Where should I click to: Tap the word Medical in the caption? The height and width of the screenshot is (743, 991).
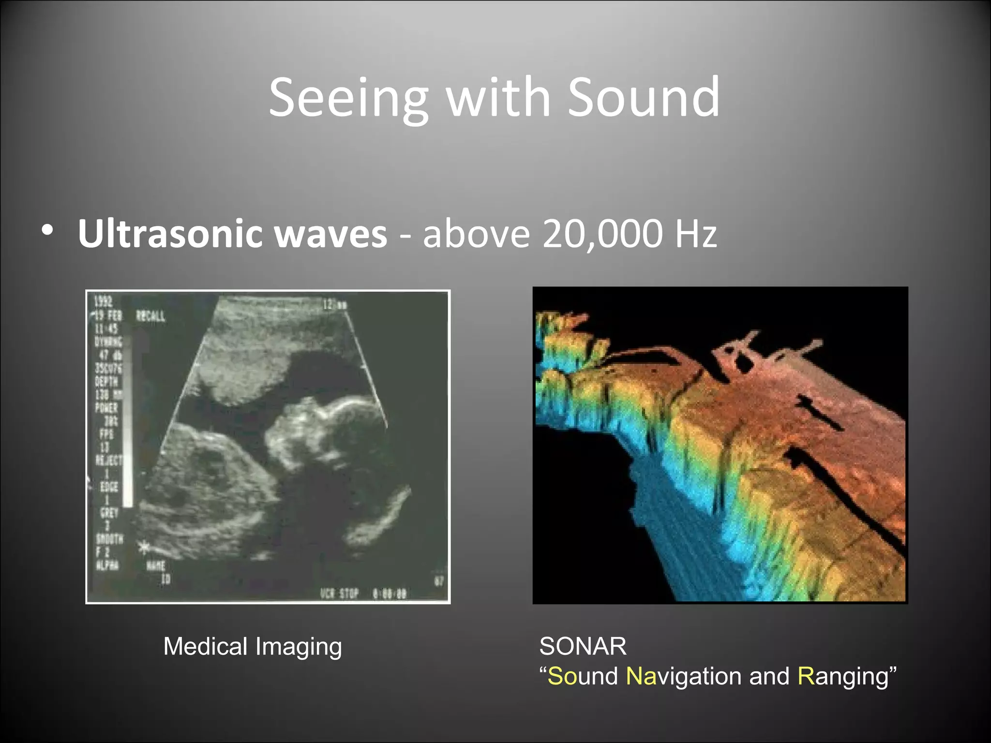point(206,646)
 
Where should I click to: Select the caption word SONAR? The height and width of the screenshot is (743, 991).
point(583,646)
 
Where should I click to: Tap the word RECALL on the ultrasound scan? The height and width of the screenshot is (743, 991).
point(150,316)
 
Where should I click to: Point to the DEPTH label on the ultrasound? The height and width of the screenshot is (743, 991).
point(106,381)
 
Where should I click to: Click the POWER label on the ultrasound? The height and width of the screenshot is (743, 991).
point(106,407)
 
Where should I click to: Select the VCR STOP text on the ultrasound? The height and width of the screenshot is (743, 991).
point(339,593)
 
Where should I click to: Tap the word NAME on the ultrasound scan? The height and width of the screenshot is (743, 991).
point(156,565)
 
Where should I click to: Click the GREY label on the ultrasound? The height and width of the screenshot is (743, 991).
point(106,512)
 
